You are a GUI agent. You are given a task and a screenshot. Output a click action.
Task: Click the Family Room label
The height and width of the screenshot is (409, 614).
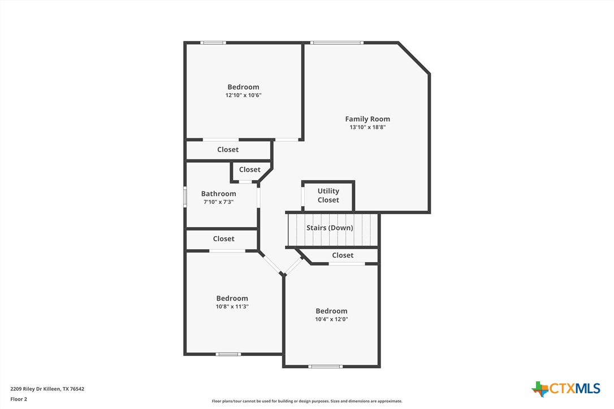[x=367, y=119]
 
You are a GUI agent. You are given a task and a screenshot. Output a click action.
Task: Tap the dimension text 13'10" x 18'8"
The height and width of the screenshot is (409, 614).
[x=367, y=128]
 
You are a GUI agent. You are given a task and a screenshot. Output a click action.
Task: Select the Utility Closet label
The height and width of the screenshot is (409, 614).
[x=328, y=195]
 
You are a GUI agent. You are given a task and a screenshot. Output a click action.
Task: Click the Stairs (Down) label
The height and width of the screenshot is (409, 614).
[x=330, y=228]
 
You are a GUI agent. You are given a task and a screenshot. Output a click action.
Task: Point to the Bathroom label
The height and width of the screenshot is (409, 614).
[x=219, y=194]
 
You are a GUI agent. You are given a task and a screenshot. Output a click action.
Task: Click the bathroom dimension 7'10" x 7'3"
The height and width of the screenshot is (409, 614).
[x=219, y=202]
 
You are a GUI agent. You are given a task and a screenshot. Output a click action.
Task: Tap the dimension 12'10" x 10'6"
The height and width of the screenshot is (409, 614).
[x=243, y=95]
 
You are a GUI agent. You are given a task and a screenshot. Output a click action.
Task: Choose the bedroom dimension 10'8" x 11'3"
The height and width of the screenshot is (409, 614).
[x=232, y=306]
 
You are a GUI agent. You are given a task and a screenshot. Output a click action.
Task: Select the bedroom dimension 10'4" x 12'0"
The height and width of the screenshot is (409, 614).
[x=331, y=319]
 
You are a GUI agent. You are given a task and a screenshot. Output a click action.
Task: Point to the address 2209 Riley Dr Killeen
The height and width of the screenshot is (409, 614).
[x=47, y=389]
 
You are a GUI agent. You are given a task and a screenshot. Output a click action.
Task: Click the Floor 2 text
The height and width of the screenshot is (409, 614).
[x=19, y=399]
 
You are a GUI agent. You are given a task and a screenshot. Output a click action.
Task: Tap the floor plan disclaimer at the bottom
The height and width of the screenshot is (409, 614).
[x=307, y=401]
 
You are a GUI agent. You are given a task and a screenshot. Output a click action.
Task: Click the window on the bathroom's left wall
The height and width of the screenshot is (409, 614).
[x=185, y=197]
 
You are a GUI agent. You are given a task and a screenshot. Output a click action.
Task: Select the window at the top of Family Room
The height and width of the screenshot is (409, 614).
[x=337, y=42]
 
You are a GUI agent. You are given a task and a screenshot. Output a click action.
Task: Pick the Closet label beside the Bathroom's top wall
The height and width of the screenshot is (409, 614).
[x=249, y=169]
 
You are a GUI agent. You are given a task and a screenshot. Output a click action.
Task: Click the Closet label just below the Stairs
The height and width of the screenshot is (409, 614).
[x=343, y=255]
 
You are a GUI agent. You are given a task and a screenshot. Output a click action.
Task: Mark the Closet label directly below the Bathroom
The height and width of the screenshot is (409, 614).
[x=223, y=239]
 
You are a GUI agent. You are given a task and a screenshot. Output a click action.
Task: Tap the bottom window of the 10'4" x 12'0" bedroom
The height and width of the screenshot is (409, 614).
[x=325, y=367]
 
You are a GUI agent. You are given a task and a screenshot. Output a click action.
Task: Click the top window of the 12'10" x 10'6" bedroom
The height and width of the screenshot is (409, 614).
[x=214, y=42]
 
